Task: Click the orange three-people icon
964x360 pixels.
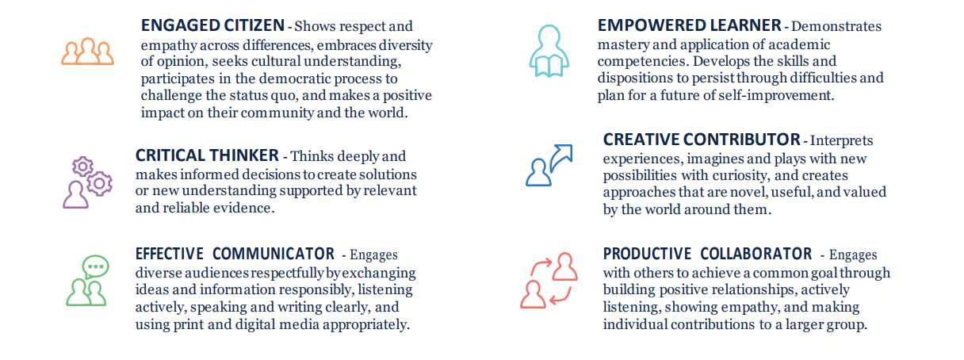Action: (x=87, y=52)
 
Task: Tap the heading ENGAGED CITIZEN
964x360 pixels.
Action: (x=212, y=25)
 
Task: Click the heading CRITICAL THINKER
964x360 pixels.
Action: (x=207, y=155)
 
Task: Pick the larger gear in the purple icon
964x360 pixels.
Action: (x=99, y=183)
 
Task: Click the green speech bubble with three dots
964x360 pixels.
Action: (x=96, y=266)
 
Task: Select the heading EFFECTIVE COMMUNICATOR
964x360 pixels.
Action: (x=235, y=254)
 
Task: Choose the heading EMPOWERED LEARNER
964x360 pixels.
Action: (x=689, y=25)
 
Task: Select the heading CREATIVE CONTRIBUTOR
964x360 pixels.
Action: (x=702, y=140)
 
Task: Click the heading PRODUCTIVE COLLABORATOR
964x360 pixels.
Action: (x=707, y=254)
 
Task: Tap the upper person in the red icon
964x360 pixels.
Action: (x=564, y=267)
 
